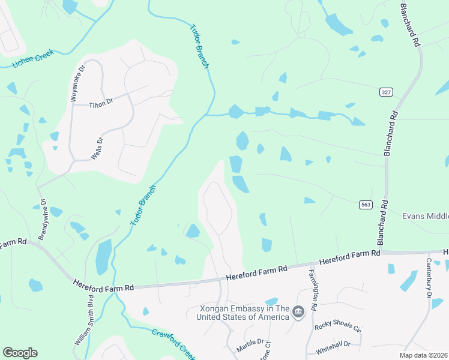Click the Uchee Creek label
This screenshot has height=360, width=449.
pyautogui.click(x=34, y=58)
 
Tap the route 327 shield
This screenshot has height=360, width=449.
pyautogui.click(x=386, y=92)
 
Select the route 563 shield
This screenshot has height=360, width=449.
pyautogui.click(x=366, y=205)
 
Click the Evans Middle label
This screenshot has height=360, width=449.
pyautogui.click(x=425, y=215)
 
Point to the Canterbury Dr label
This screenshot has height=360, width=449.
pyautogui.click(x=429, y=278)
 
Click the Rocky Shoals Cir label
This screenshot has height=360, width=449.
pyautogui.click(x=337, y=329)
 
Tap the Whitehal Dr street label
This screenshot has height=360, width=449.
pyautogui.click(x=333, y=344)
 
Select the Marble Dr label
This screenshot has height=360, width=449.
pyautogui.click(x=250, y=344)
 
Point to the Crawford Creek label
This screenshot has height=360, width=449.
pyautogui.click(x=173, y=341)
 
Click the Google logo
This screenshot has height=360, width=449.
pyautogui.click(x=20, y=353)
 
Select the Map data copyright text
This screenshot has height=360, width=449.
pyautogui.click(x=423, y=355)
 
